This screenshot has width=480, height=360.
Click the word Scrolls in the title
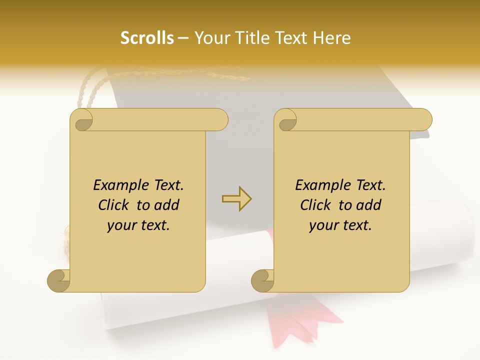[x=147, y=38]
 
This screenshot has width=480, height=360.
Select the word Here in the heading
[x=331, y=38]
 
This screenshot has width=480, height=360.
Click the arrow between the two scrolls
[x=236, y=199]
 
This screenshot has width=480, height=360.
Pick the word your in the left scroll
[x=120, y=225]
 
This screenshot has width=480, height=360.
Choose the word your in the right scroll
[x=323, y=225]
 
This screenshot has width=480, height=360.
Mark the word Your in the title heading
[x=211, y=38]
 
